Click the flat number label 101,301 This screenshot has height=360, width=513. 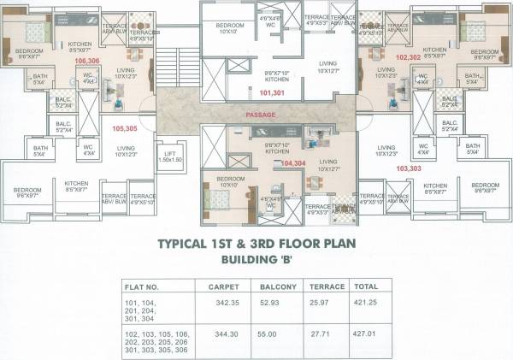click(x=272, y=91)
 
